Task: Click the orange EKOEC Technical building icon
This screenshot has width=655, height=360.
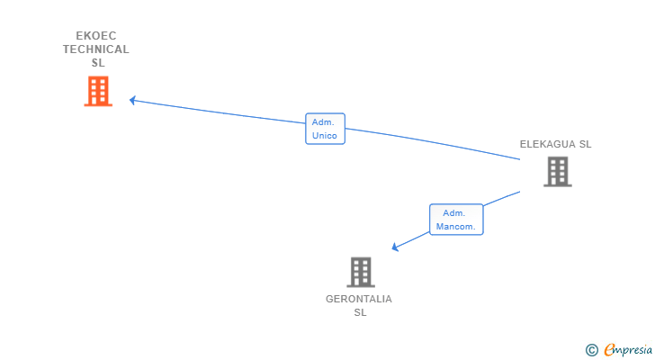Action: click(x=98, y=91)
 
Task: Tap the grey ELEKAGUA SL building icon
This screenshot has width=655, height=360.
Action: click(x=558, y=171)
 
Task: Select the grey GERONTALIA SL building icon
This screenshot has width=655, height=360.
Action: click(x=360, y=272)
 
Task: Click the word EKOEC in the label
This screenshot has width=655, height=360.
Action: click(x=96, y=36)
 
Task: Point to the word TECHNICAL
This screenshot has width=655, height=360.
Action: click(x=96, y=49)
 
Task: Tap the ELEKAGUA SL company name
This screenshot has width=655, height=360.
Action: click(x=555, y=144)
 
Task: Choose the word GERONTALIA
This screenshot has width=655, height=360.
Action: click(x=359, y=299)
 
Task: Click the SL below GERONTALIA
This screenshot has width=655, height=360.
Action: click(x=360, y=312)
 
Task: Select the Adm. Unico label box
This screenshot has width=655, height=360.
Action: click(x=325, y=129)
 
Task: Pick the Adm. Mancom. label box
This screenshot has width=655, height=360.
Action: click(x=456, y=220)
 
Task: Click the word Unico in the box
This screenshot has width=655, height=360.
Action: click(x=325, y=136)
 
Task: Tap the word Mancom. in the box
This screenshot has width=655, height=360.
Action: click(x=456, y=227)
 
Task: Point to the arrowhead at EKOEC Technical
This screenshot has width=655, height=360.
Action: click(x=132, y=100)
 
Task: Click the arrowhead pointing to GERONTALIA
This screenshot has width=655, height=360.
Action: click(x=395, y=247)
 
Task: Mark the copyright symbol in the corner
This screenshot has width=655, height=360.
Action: click(x=591, y=350)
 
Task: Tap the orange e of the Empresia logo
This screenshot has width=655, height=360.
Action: click(x=609, y=350)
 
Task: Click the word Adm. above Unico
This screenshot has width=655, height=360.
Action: click(x=323, y=121)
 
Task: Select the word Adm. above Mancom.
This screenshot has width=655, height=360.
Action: click(x=453, y=212)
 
